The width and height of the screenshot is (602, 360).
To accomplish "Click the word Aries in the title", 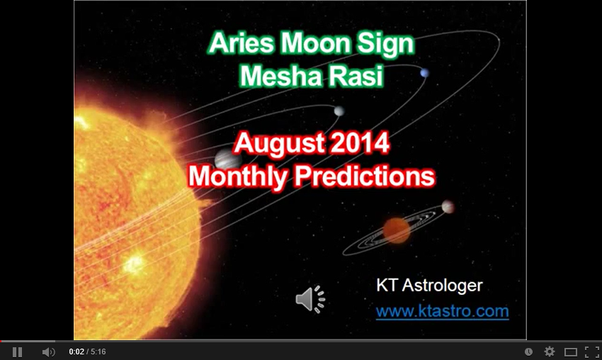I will tap(241, 45).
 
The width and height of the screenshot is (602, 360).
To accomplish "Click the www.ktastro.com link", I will tap(442, 311).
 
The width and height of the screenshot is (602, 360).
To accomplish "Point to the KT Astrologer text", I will tap(429, 286).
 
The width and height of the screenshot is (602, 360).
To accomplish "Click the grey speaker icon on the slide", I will tap(309, 299).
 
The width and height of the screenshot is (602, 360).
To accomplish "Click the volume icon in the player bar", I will tap(48, 351).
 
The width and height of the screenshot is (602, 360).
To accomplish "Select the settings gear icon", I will tap(550, 351).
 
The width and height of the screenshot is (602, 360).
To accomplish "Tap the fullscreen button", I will tap(592, 351).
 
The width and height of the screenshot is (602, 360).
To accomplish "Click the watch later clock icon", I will tap(528, 351).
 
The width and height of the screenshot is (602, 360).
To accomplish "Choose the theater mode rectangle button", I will tap(571, 351).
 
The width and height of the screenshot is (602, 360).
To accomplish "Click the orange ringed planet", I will tap(397, 230).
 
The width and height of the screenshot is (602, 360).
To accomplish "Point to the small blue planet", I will tap(424, 73).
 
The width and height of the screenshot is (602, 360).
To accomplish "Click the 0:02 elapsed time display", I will tap(76, 351).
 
